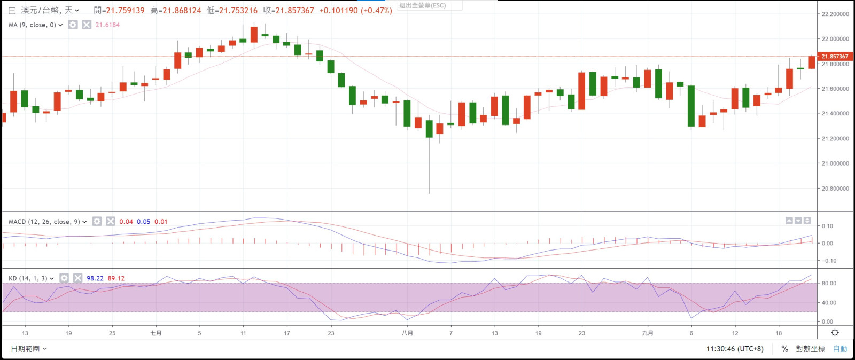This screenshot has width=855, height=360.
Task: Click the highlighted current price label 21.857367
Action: coord(835,57)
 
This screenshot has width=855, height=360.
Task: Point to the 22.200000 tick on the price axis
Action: coord(835,14)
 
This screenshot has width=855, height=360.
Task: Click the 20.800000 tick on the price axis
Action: coord(835,189)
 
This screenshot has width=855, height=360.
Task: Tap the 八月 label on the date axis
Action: coord(407,333)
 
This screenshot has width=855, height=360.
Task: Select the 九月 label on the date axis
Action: coord(648,333)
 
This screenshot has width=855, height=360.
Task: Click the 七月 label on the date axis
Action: coord(156,333)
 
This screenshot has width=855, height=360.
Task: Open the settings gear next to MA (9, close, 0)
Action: coord(73,25)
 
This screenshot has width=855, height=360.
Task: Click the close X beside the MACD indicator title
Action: coord(111,222)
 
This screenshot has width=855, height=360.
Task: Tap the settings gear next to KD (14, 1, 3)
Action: coord(64,278)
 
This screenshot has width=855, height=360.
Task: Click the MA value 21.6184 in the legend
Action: coord(107,25)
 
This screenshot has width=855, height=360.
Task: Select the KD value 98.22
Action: coord(95,278)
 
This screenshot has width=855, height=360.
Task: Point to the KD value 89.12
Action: coord(116,278)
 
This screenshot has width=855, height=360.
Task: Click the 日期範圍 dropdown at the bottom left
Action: coord(29,349)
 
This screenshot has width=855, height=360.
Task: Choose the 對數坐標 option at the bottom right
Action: coord(810,349)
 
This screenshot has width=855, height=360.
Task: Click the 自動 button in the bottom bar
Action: coord(840,349)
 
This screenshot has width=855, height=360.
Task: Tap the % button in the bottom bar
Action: coord(784,349)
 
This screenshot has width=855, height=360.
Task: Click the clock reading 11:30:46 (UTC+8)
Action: coord(735,349)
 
